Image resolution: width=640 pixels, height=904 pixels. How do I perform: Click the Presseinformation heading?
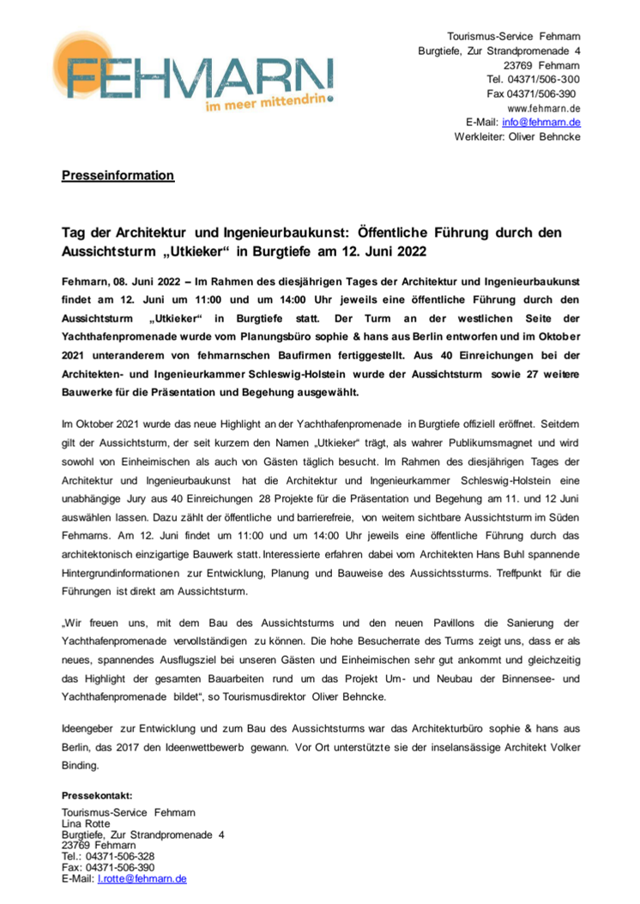pos(118,176)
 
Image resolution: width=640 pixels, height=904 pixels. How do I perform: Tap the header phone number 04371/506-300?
pos(542,79)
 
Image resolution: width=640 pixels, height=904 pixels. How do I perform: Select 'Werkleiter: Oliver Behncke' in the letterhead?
pos(517,137)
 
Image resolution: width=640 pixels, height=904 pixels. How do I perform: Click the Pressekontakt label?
pos(98,795)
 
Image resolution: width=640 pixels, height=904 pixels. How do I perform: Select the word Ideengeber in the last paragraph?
pos(92,729)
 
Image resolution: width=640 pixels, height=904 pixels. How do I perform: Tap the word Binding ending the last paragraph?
pos(81,765)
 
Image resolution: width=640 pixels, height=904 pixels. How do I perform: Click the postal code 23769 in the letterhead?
pos(520,64)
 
